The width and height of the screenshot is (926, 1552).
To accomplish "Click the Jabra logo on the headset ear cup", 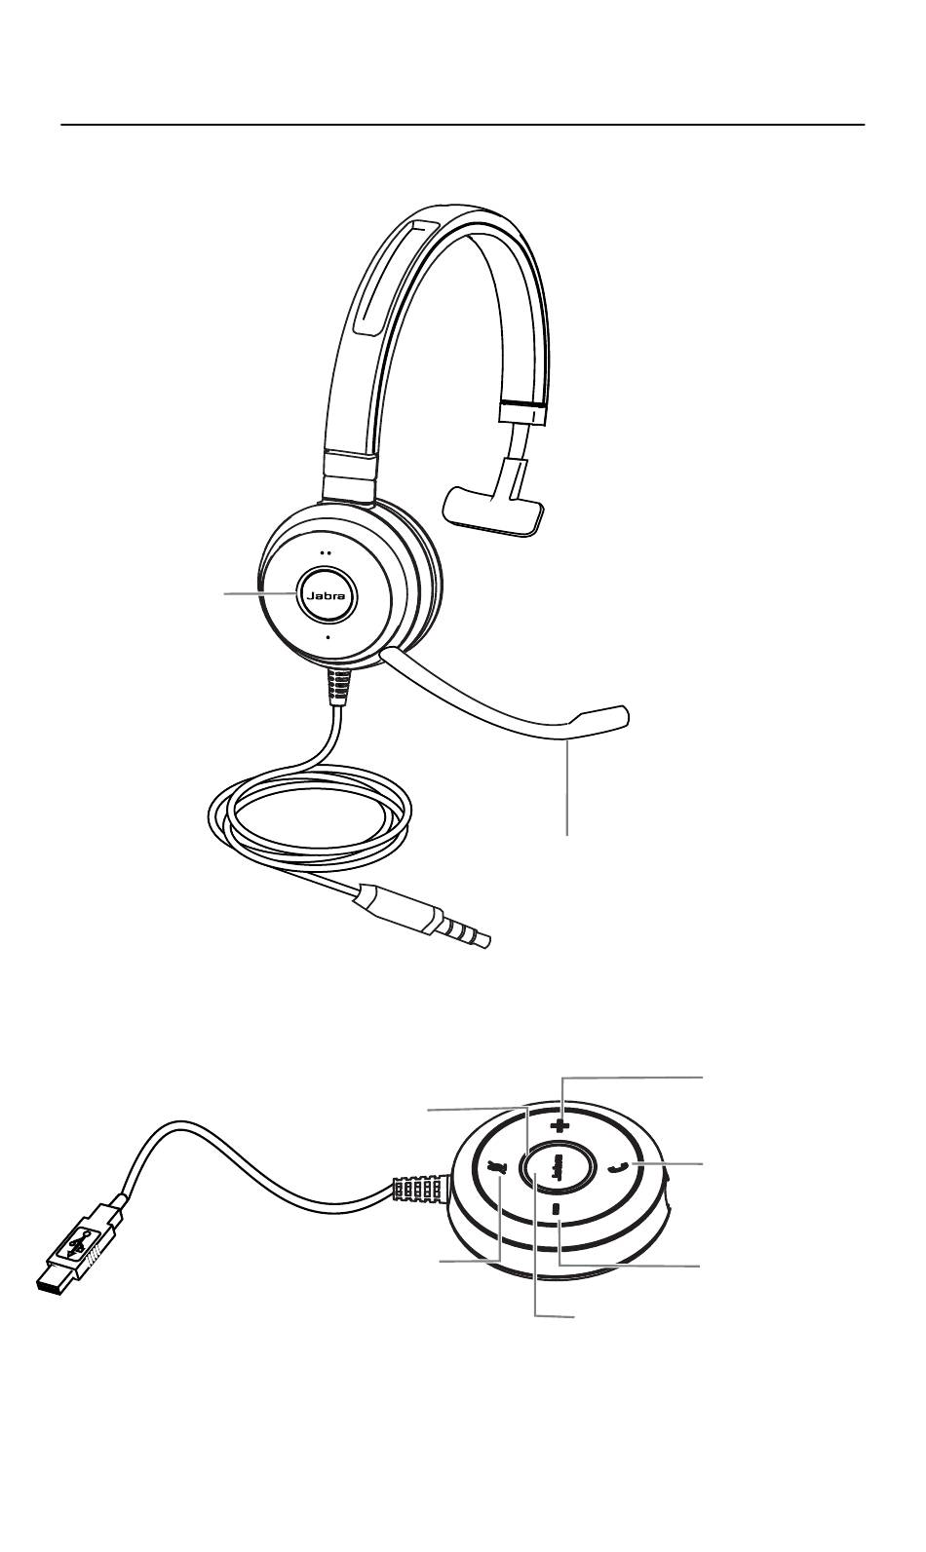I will pyautogui.click(x=328, y=596).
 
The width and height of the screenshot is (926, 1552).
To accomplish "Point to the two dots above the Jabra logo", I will pyautogui.click(x=328, y=550).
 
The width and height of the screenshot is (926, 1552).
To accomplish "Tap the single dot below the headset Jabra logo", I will pyautogui.click(x=328, y=636).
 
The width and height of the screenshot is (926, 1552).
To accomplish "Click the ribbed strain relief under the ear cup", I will pyautogui.click(x=335, y=686).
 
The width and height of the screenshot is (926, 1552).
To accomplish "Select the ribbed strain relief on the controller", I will pyautogui.click(x=416, y=1191).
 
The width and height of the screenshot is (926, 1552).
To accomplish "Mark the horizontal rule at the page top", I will pyautogui.click(x=463, y=126).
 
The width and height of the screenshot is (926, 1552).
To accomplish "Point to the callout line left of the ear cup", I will pyautogui.click(x=258, y=592).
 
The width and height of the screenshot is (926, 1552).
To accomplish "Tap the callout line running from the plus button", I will pyautogui.click(x=634, y=1078).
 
